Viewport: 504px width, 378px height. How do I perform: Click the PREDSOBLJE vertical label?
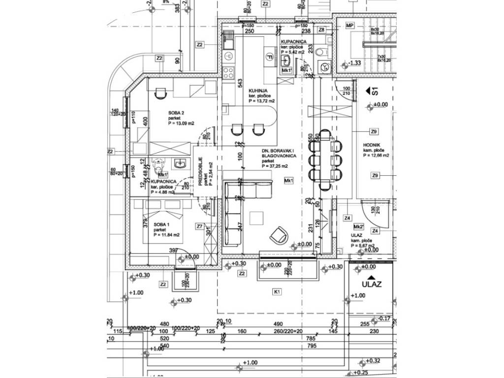click(201, 172)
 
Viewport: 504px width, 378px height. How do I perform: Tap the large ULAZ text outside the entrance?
click(372, 284)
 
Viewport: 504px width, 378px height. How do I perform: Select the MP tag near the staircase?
click(350, 26)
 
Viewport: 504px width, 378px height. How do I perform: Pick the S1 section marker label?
click(375, 91)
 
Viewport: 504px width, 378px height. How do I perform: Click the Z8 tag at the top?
click(321, 30)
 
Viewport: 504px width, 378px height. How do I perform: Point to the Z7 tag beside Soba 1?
click(199, 226)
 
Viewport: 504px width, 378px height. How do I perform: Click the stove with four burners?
click(229, 73)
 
